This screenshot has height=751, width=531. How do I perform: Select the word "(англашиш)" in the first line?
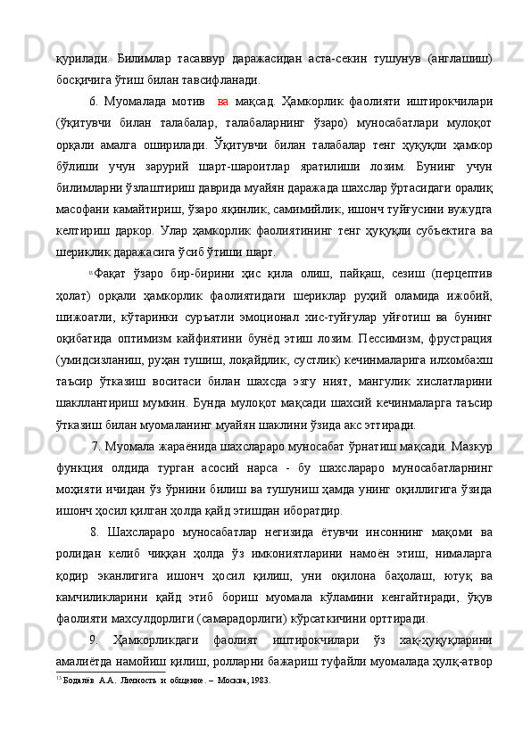coord(456,57)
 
